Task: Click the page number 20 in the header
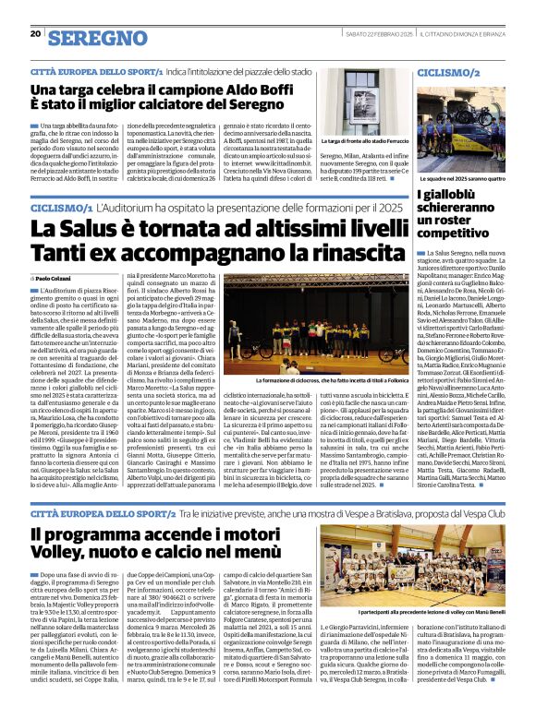[35, 33]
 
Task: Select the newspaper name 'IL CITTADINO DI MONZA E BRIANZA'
[472, 34]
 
